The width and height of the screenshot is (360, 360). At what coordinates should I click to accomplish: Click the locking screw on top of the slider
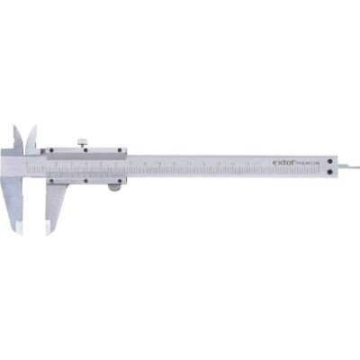coord(80,139)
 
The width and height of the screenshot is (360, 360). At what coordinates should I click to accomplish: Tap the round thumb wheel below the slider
coord(114,186)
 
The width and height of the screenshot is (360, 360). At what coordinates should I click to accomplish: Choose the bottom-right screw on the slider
coord(120,178)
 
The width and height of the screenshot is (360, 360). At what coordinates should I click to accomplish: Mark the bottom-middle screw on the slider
coord(86,179)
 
